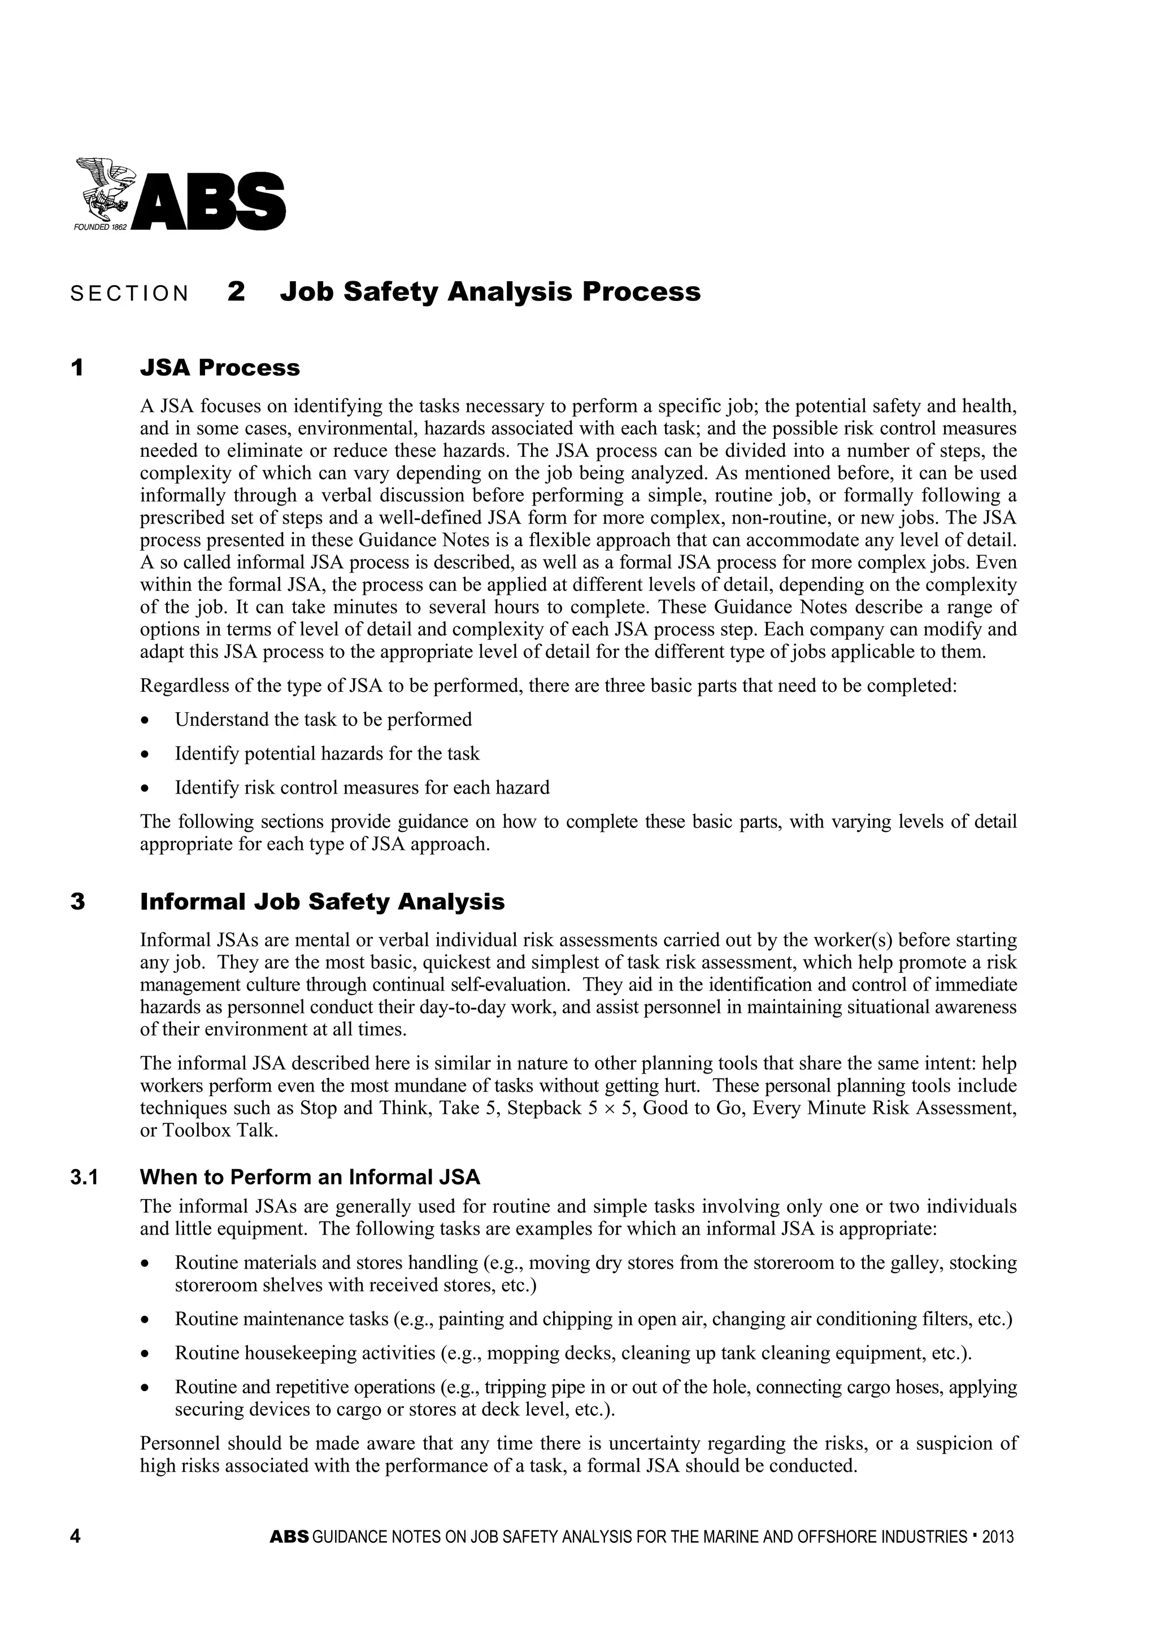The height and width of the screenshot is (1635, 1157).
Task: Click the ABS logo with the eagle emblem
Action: pos(180,195)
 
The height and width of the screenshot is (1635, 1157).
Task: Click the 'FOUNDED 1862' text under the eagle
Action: pos(100,226)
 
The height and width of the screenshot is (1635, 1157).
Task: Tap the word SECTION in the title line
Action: pos(130,294)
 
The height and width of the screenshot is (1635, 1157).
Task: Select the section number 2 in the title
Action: pos(237,292)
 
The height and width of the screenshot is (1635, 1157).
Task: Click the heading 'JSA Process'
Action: pos(219,368)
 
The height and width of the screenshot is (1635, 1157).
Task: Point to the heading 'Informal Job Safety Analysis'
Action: pos(322,902)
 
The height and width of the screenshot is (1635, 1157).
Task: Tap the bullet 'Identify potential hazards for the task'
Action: pos(327,753)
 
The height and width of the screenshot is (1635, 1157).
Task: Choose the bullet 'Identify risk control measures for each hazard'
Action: pos(362,788)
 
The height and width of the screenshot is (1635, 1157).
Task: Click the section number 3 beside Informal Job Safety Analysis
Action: pos(77,902)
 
